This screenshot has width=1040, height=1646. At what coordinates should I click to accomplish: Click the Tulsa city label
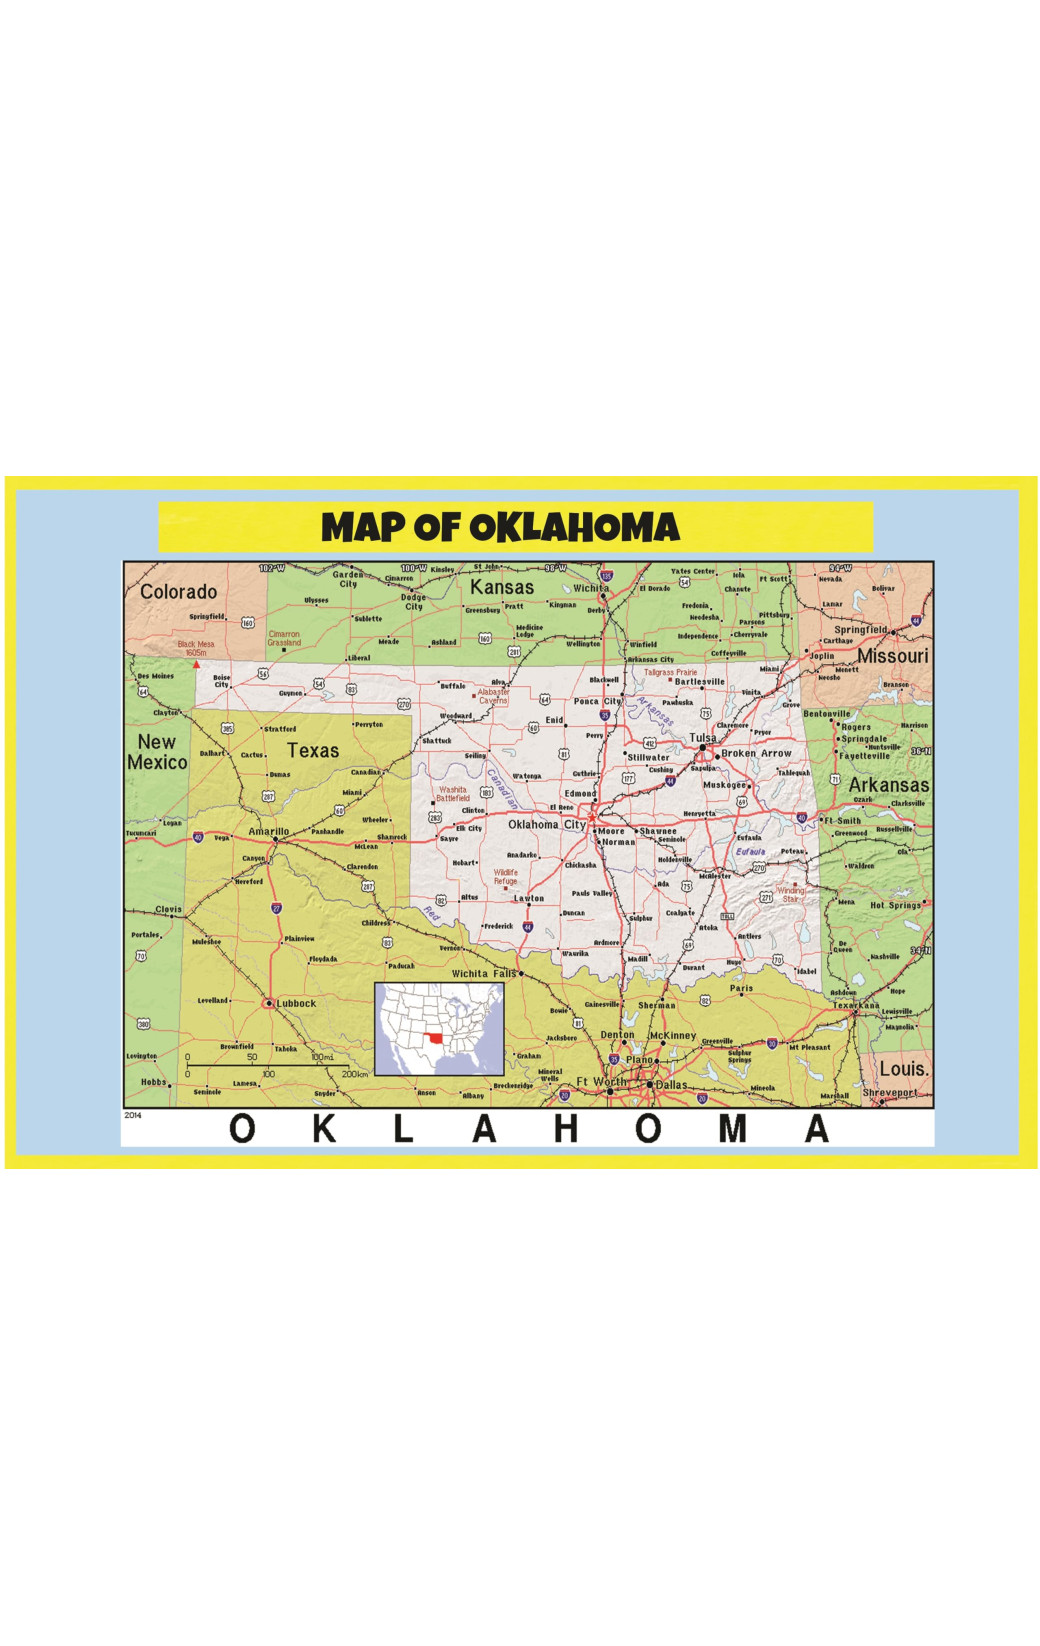pyautogui.click(x=702, y=738)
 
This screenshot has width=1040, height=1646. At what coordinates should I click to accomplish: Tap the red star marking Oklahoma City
pyautogui.click(x=591, y=816)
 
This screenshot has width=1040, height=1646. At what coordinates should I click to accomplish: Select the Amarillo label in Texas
pyautogui.click(x=268, y=831)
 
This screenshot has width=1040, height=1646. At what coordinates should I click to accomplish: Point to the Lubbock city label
pyautogui.click(x=296, y=1003)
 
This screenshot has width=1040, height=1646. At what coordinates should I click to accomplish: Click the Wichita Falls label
pyautogui.click(x=484, y=973)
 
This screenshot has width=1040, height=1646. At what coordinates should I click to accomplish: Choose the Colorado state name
pyautogui.click(x=178, y=592)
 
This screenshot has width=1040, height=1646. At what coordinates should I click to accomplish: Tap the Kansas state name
pyautogui.click(x=502, y=587)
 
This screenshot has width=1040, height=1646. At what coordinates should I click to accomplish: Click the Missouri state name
pyautogui.click(x=892, y=656)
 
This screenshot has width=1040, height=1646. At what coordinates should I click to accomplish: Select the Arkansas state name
pyautogui.click(x=888, y=785)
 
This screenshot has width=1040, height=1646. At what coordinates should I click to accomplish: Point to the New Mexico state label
pyautogui.click(x=157, y=752)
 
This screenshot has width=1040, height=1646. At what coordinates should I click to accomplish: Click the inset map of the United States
pyautogui.click(x=439, y=1029)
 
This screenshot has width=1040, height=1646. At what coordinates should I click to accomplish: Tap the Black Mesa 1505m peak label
pyautogui.click(x=196, y=648)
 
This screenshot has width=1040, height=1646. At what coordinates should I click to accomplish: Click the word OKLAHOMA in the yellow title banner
pyautogui.click(x=573, y=528)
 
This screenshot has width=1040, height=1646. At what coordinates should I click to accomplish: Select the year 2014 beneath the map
pyautogui.click(x=133, y=1115)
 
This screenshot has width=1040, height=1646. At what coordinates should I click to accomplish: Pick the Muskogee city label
pyautogui.click(x=724, y=785)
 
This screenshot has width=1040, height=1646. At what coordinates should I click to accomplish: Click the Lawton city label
pyautogui.click(x=529, y=898)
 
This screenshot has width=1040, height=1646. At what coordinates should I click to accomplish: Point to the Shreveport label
pyautogui.click(x=889, y=1093)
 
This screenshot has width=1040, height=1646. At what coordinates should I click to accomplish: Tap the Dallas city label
pyautogui.click(x=671, y=1085)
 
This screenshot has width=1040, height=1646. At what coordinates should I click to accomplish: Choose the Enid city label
pyautogui.click(x=554, y=720)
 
